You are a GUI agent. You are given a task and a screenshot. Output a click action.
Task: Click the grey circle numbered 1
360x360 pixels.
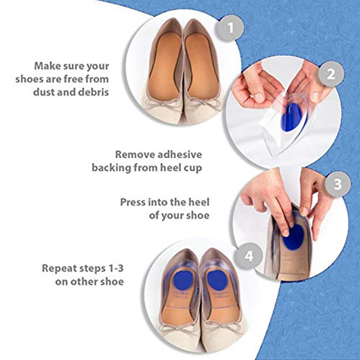coord(230,28)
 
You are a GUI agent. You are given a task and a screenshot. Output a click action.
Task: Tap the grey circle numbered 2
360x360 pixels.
coord(331,74)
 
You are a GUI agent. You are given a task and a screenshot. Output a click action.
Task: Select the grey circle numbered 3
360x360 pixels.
coord(338,184)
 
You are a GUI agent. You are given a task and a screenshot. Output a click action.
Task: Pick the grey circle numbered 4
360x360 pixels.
coord(249,256)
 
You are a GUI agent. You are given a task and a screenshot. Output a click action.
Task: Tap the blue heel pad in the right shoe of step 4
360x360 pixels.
coord(217,280)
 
